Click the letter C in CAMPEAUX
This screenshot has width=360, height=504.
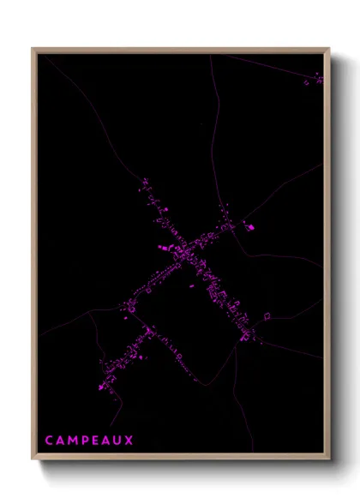click(49, 441)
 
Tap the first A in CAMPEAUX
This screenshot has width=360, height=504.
click(60, 441)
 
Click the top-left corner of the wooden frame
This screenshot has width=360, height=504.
click(33, 49)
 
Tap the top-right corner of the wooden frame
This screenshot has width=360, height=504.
click(329, 49)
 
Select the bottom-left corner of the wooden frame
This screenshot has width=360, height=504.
click(33, 460)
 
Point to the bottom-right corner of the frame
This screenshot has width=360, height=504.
click(329, 460)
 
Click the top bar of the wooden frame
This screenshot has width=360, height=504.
click(180, 50)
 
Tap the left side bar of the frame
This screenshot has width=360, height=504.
click(33, 257)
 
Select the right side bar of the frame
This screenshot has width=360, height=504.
click(328, 257)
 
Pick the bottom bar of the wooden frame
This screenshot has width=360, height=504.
click(180, 459)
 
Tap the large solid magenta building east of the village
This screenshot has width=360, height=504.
click(250, 227)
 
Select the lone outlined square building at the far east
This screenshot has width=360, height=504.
click(267, 315)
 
